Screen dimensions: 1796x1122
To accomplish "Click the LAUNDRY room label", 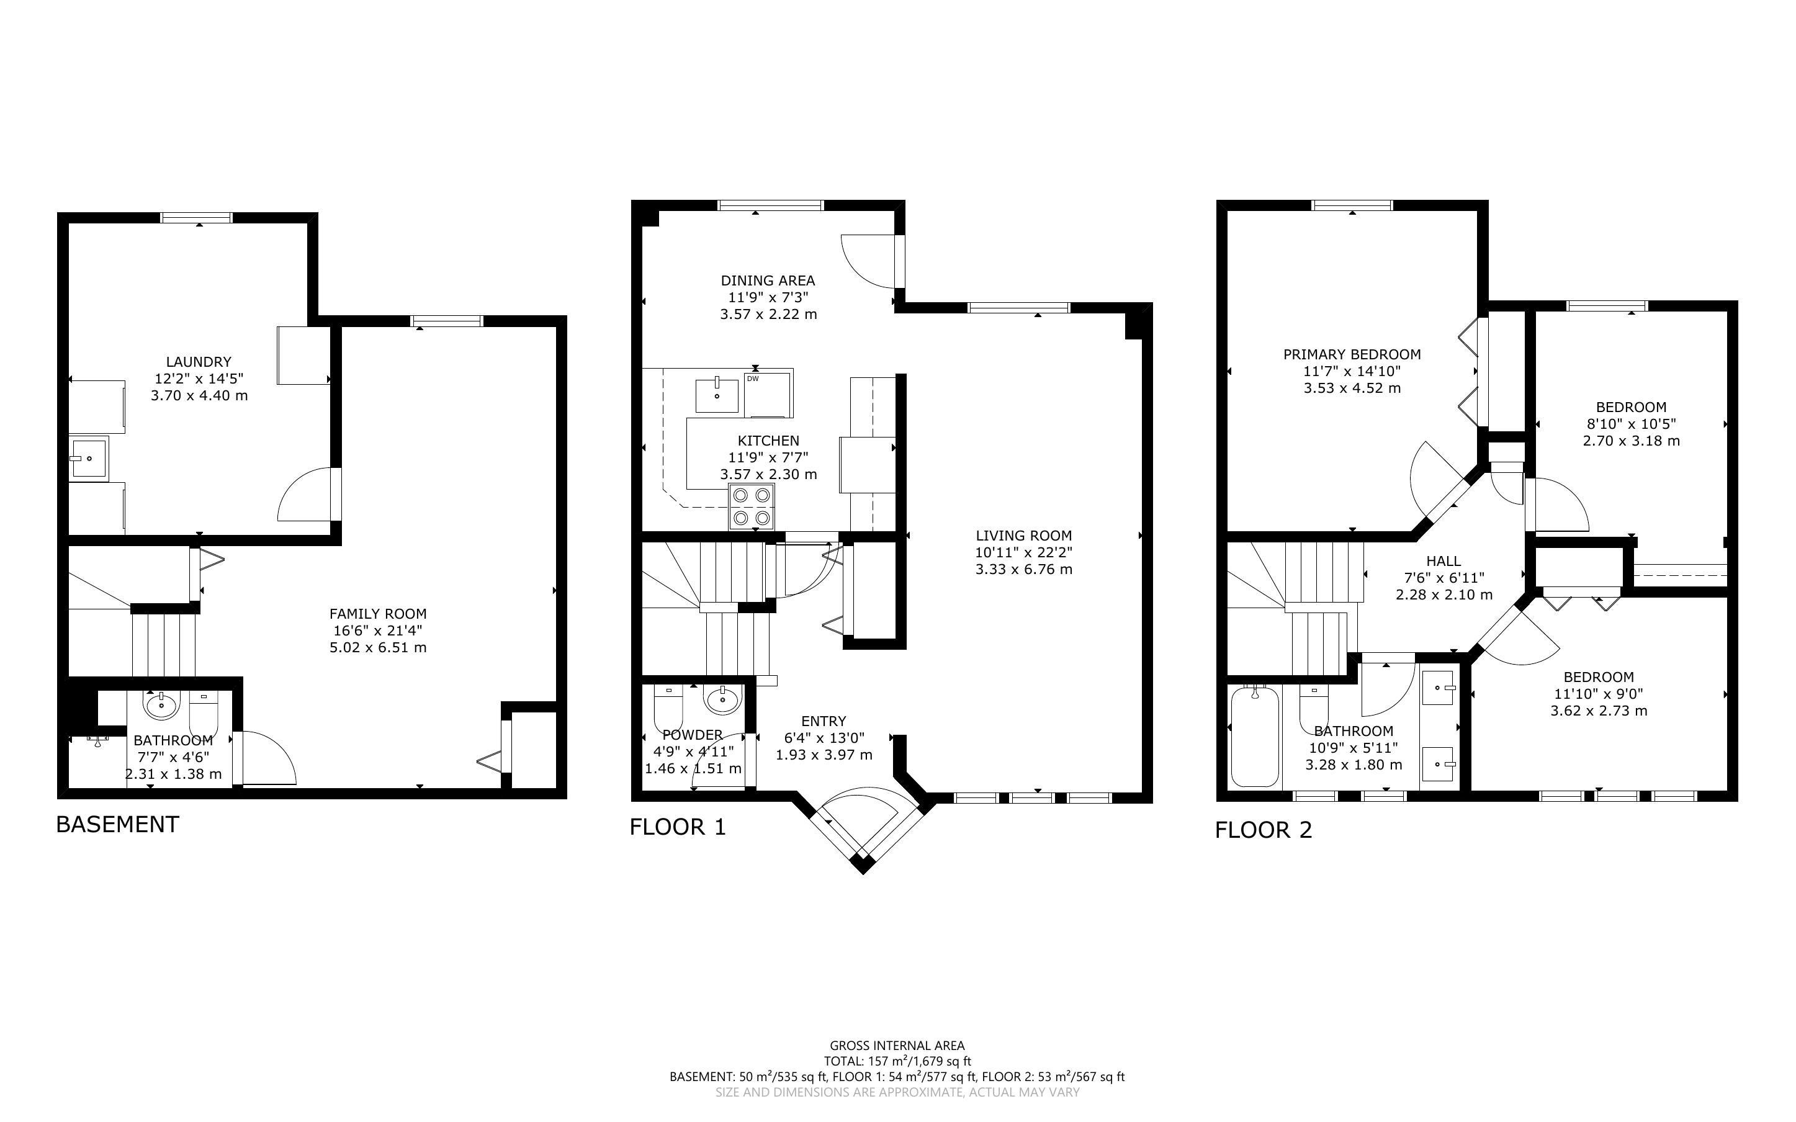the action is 199,362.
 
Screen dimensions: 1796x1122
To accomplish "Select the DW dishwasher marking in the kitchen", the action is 752,379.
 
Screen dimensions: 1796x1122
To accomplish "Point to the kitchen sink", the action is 717,395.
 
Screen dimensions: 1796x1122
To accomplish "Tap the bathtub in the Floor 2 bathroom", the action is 1255,737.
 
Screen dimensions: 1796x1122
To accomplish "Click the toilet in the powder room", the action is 668,709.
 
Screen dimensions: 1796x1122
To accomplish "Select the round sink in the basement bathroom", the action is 161,705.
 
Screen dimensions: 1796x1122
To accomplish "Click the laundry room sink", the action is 88,459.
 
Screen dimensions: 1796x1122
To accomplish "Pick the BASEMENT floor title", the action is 118,824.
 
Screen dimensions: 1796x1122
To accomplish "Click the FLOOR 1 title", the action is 677,827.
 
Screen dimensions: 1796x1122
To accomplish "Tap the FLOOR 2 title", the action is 1264,830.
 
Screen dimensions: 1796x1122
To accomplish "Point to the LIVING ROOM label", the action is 1024,536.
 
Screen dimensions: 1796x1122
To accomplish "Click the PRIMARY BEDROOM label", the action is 1352,355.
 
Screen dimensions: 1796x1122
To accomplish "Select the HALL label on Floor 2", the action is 1444,561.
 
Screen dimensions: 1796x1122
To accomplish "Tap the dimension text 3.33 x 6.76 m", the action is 1024,570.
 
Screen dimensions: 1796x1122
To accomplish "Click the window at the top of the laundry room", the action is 197,217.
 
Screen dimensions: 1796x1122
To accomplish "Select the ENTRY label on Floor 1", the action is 824,721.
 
